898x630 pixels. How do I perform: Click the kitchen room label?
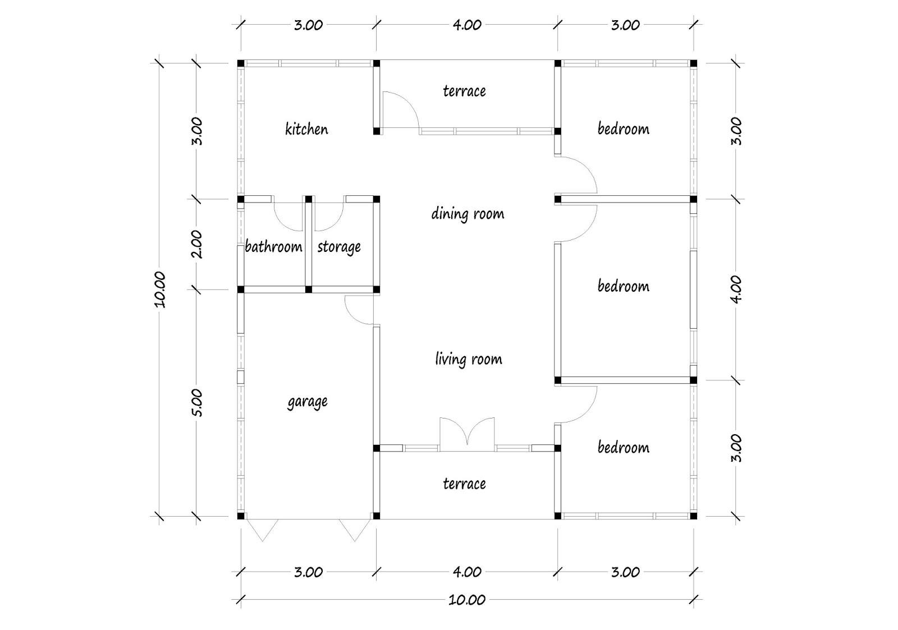tap(306, 129)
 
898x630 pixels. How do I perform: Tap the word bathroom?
tap(273, 247)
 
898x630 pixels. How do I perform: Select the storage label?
tap(338, 247)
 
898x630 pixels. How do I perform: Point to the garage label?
tap(307, 402)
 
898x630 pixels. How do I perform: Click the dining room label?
tap(468, 214)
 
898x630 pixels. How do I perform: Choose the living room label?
tap(469, 359)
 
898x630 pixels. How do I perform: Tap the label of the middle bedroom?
tap(623, 286)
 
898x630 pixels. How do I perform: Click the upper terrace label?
tap(464, 91)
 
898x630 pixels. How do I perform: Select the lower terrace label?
tap(464, 484)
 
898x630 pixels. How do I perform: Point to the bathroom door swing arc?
tap(288, 215)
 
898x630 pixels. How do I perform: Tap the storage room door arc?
tap(328, 215)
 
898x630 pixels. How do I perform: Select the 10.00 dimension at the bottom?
tap(467, 600)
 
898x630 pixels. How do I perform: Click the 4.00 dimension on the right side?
tap(737, 289)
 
